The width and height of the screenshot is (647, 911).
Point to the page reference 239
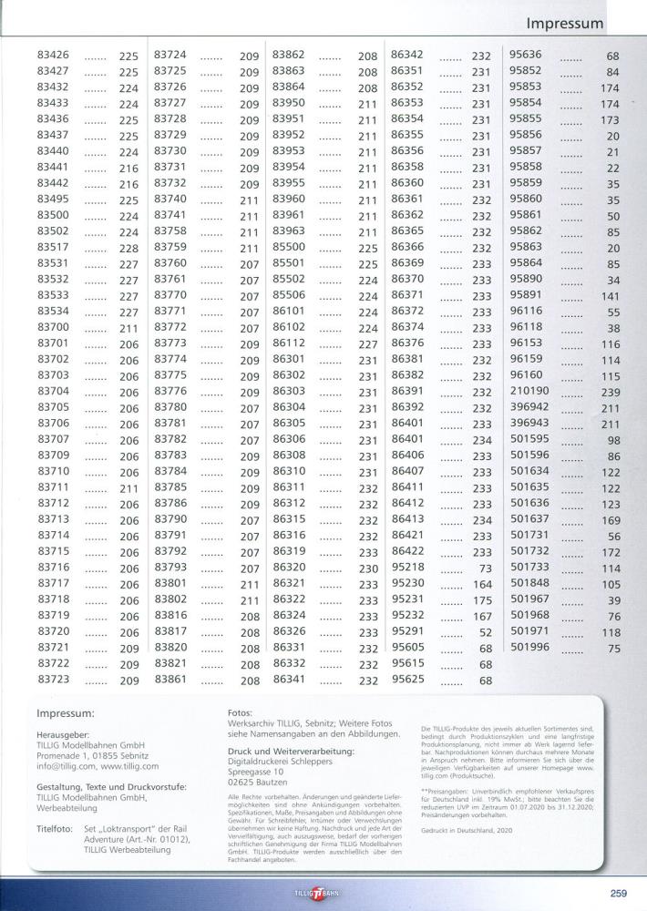pos(610,393)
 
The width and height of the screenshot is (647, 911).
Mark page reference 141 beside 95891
pos(610,297)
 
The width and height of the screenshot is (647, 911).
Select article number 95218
pos(408,568)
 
